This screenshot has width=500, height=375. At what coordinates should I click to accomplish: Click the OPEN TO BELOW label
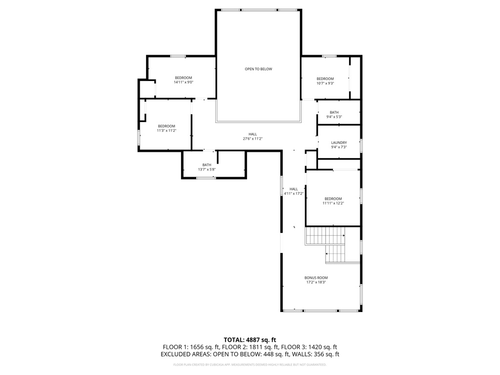tap(258, 69)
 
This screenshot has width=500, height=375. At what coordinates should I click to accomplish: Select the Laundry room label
tap(339, 143)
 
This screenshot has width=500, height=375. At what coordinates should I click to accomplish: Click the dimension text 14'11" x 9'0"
tap(184, 83)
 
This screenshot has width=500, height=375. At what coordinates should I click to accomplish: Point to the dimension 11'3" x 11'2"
tap(166, 130)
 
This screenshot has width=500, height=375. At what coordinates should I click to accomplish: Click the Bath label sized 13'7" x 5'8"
tap(207, 165)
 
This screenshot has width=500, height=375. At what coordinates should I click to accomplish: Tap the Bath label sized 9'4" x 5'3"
tap(334, 112)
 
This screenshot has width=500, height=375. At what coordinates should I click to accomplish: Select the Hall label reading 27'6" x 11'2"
tap(252, 134)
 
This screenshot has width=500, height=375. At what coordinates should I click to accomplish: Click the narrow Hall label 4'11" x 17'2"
tap(293, 189)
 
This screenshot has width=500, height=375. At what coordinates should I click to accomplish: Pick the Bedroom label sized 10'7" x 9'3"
tap(325, 79)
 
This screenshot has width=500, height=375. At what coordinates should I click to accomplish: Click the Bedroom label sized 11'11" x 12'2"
tap(333, 198)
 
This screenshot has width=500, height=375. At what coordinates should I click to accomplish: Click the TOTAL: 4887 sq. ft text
tap(250, 339)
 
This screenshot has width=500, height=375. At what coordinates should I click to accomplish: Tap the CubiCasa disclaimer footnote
tap(250, 365)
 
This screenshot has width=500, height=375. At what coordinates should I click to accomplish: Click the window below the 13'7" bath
tap(206, 178)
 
